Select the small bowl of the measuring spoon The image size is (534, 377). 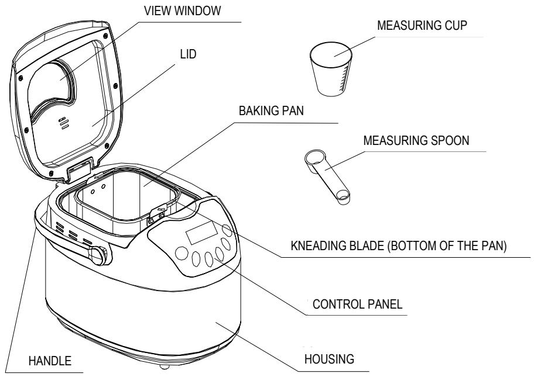click(x=343, y=198)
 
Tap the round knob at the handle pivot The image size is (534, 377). click(x=98, y=256)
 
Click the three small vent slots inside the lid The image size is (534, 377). click(x=63, y=121)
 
